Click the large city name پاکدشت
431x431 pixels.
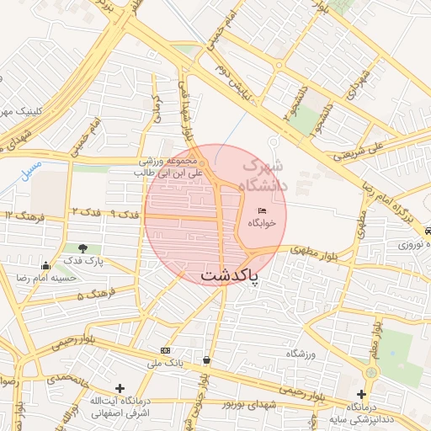pyautogui.click(x=229, y=276)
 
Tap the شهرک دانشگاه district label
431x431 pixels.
pyautogui.click(x=263, y=176)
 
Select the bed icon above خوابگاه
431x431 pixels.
pyautogui.click(x=262, y=210)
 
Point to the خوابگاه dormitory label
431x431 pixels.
pyautogui.click(x=262, y=224)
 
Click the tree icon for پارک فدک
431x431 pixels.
pyautogui.click(x=82, y=248)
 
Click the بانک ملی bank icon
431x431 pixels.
pyautogui.click(x=164, y=349)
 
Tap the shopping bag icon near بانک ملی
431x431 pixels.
pyautogui.click(x=206, y=360)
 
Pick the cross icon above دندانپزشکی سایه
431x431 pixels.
pyautogui.click(x=361, y=393)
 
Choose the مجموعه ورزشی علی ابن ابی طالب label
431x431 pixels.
pyautogui.click(x=168, y=167)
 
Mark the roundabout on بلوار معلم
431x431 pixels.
pyautogui.click(x=371, y=370)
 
